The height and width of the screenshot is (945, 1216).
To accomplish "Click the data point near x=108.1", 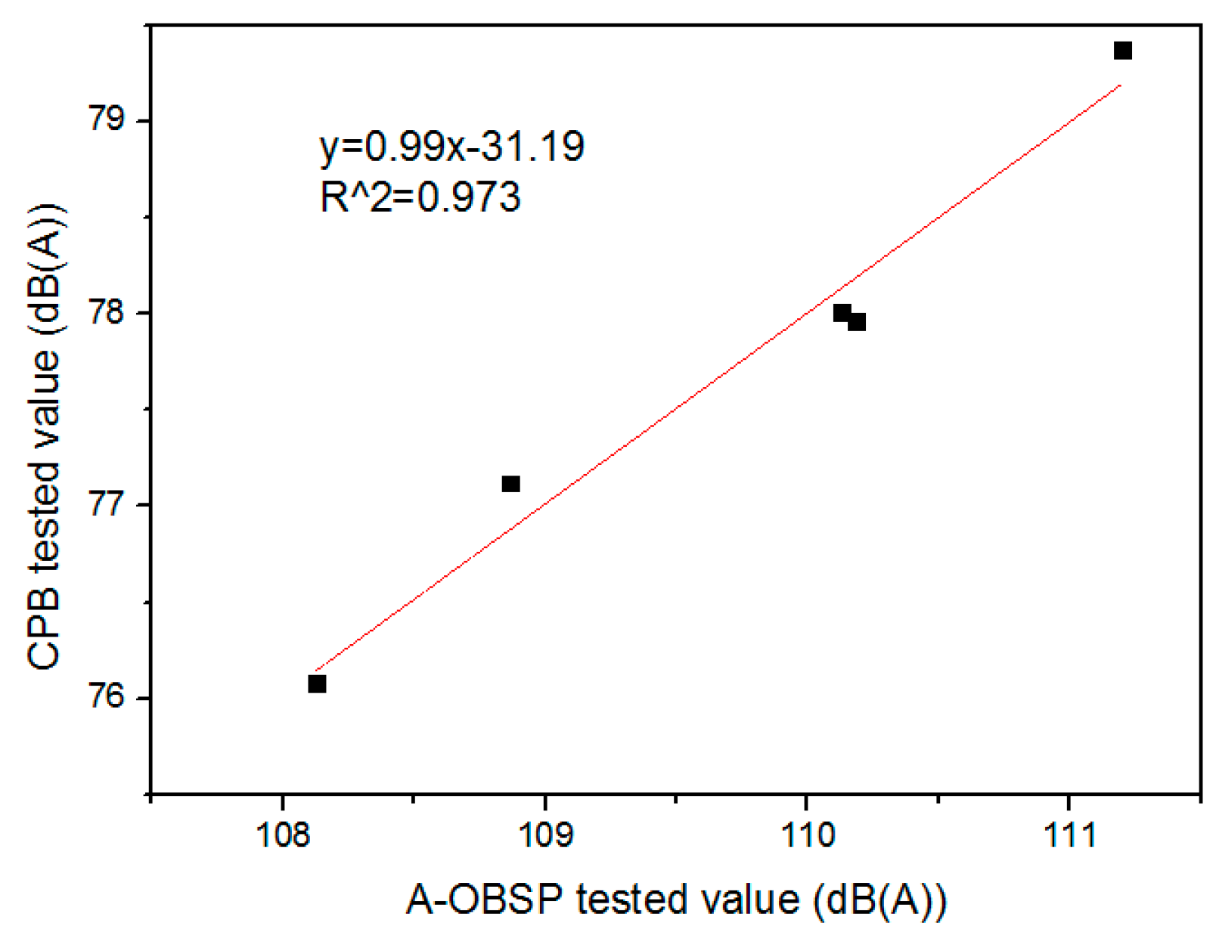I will [x=317, y=683].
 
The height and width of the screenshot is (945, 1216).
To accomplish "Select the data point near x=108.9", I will [x=511, y=484].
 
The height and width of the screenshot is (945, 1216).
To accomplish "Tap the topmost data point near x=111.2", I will [x=1123, y=51].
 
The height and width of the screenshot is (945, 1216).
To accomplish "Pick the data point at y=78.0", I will [x=842, y=313].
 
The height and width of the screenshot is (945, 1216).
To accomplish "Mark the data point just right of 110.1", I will [x=857, y=322].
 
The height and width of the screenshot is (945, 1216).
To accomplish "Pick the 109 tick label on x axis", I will [x=544, y=835].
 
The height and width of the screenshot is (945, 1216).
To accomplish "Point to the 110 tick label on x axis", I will [x=806, y=835].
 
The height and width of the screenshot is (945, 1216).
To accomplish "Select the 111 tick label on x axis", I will [x=1069, y=835].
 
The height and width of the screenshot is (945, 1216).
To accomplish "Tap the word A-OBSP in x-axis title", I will [x=484, y=900].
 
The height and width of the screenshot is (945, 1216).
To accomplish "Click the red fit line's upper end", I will [x=1120, y=86].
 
